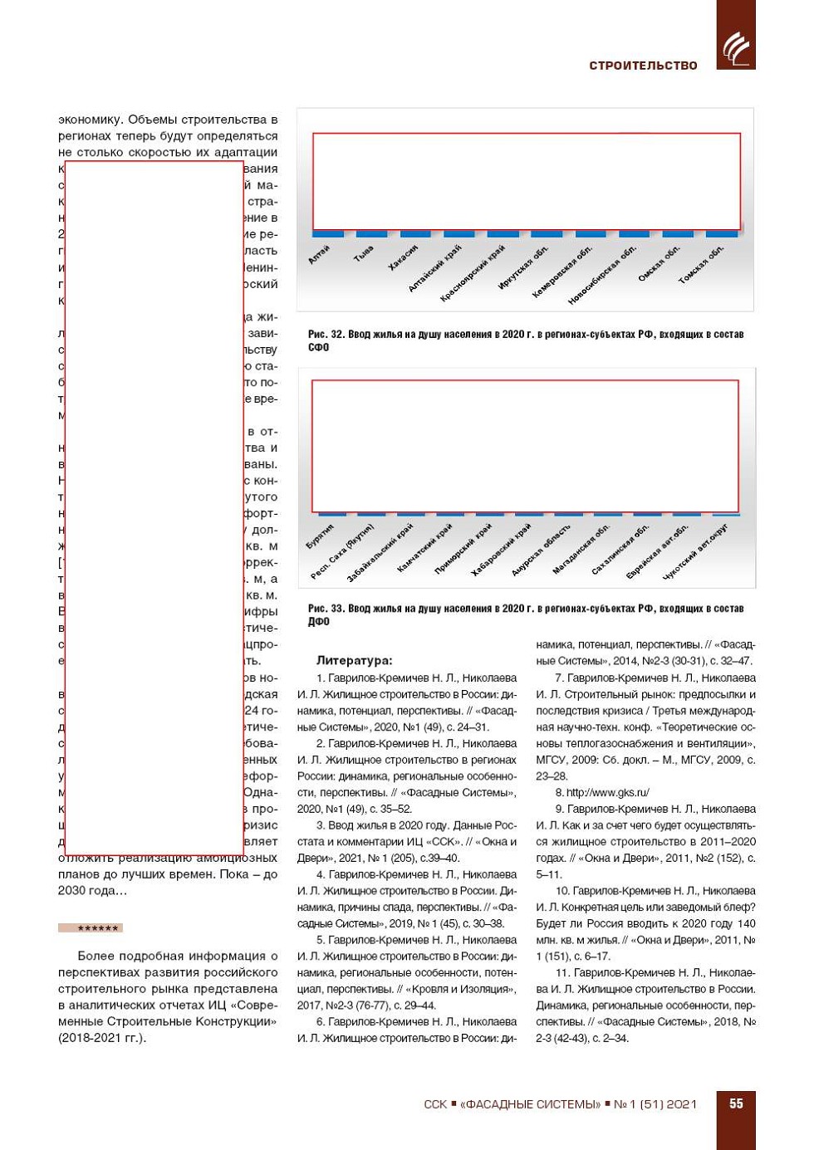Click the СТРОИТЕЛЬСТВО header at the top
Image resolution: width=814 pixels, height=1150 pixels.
pyautogui.click(x=643, y=66)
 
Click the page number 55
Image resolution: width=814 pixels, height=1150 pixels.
pyautogui.click(x=736, y=1104)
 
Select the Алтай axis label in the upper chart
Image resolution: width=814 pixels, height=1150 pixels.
pyautogui.click(x=319, y=255)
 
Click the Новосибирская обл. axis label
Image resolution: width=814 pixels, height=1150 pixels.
pyautogui.click(x=602, y=275)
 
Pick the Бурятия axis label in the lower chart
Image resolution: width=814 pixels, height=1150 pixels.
pyautogui.click(x=320, y=536)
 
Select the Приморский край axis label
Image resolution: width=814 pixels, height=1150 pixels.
pyautogui.click(x=463, y=549)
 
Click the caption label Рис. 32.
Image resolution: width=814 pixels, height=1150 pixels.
pyautogui.click(x=326, y=335)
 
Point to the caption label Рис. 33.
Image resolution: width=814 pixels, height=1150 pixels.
pyautogui.click(x=326, y=609)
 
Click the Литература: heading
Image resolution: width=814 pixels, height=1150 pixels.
pyautogui.click(x=354, y=661)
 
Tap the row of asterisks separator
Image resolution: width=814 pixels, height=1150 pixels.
pyautogui.click(x=91, y=927)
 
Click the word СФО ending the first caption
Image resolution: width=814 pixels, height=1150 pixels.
pyautogui.click(x=318, y=348)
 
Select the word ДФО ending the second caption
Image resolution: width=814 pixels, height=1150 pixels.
pyautogui.click(x=318, y=622)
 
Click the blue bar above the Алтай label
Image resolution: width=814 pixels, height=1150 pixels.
pyautogui.click(x=328, y=234)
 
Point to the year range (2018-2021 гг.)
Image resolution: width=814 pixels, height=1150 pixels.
pyautogui.click(x=101, y=1038)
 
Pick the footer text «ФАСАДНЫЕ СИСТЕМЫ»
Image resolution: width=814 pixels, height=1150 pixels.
pyautogui.click(x=530, y=1104)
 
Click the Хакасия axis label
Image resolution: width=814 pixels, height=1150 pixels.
pyautogui.click(x=404, y=258)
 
